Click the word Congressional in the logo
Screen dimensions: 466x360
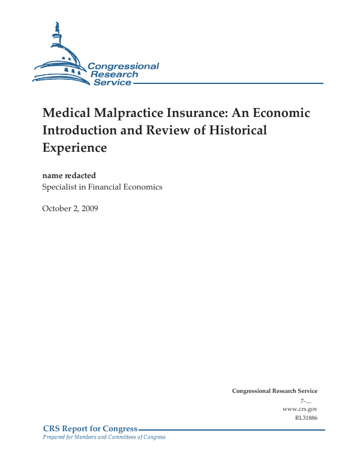[123, 67]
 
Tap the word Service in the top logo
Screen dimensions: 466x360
[112, 82]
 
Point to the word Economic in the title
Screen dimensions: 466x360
[282, 113]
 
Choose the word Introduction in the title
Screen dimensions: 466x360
[79, 130]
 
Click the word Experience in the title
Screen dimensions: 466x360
[74, 147]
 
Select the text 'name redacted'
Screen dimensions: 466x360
[69, 176]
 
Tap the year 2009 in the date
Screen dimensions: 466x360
[90, 208]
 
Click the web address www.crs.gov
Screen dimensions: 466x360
[299, 408]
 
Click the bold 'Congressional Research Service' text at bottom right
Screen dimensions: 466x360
[274, 391]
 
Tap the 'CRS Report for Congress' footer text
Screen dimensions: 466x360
[91, 429]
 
